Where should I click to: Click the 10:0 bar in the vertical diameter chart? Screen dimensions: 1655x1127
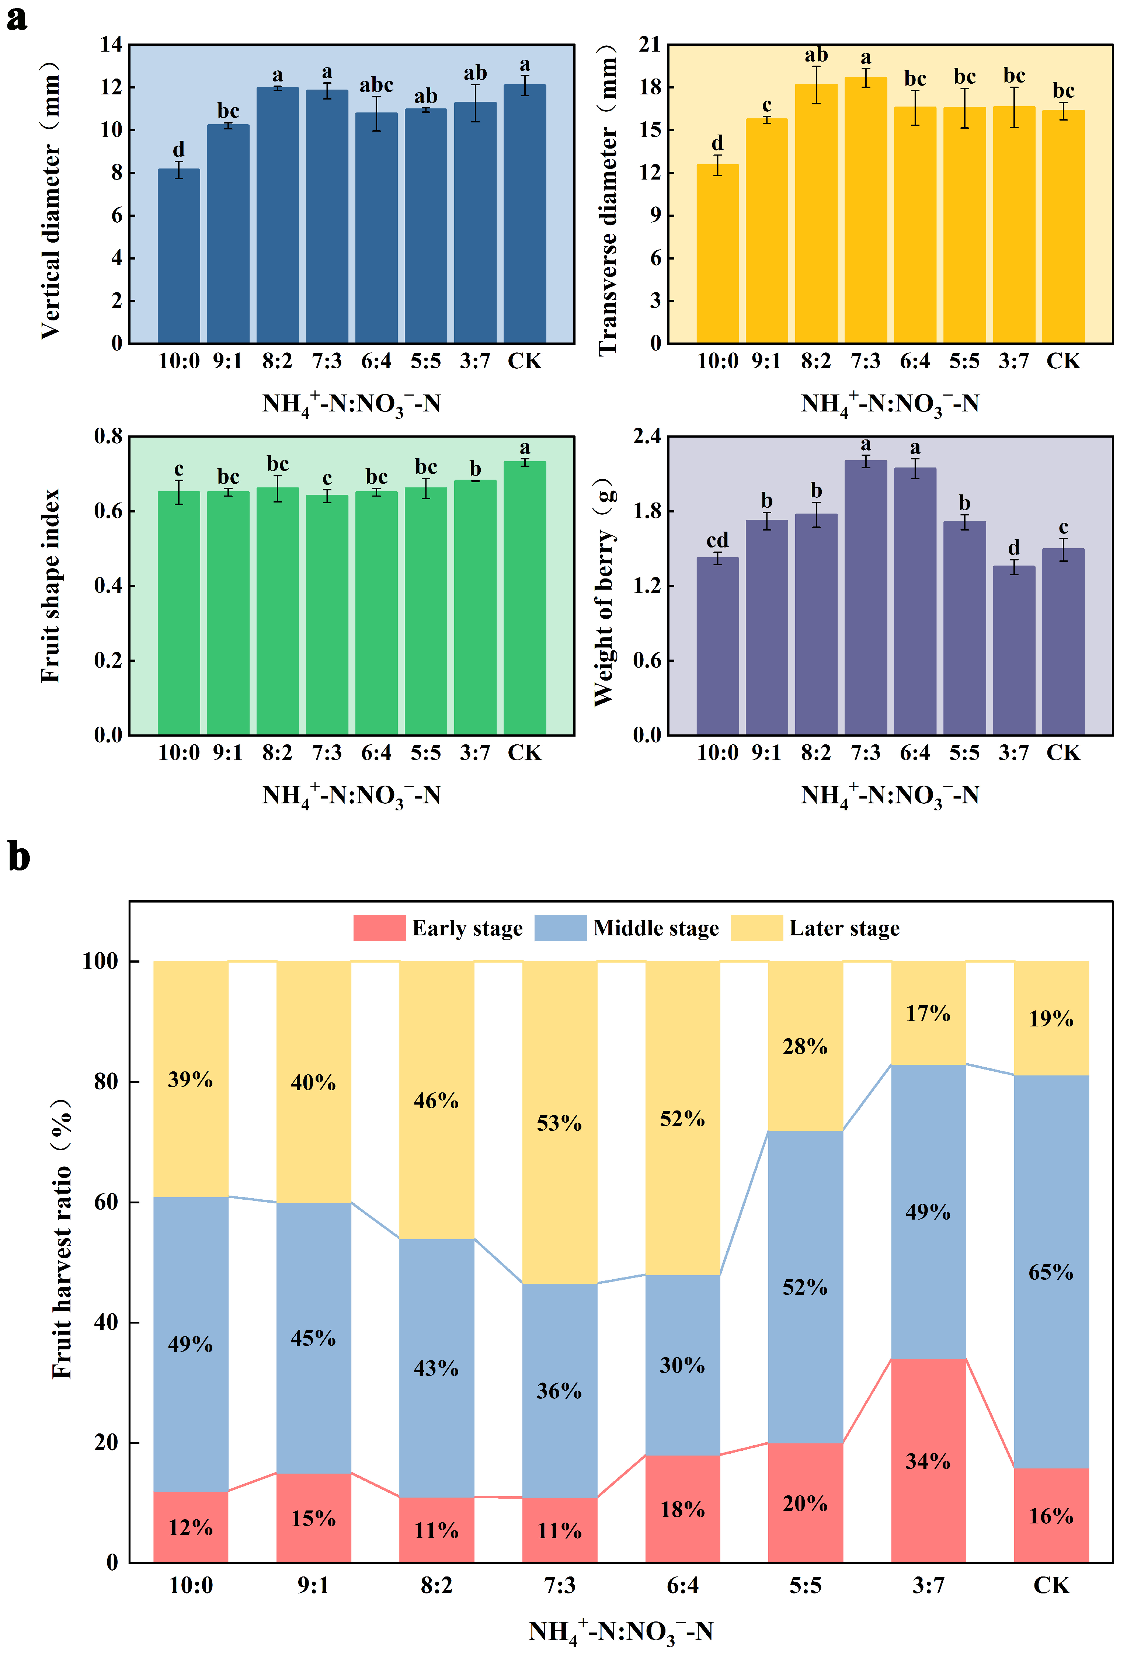point(179,256)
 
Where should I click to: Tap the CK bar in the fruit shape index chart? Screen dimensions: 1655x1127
point(525,598)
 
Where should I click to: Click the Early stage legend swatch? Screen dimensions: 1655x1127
point(379,928)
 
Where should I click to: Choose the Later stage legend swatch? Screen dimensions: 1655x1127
point(756,928)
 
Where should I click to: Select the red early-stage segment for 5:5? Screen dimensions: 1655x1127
point(805,1503)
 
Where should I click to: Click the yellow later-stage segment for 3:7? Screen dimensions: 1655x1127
point(928,1013)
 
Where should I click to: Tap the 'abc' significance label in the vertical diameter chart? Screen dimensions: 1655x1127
point(376,86)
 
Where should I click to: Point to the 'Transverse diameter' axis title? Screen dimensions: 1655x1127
point(607,199)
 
